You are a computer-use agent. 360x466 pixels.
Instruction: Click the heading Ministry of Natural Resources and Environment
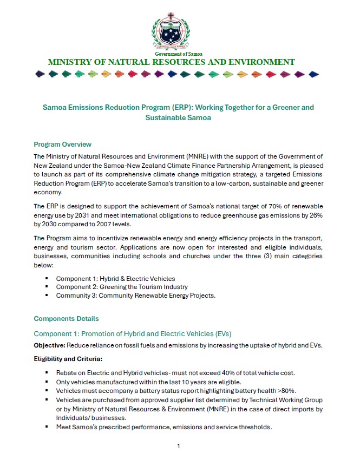point(172,62)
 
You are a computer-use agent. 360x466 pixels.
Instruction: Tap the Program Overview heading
point(62,145)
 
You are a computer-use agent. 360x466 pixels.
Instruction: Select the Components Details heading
point(66,318)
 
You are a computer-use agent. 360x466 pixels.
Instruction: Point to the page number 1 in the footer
point(178,446)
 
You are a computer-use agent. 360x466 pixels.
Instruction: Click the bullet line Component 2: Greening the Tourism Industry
point(122,287)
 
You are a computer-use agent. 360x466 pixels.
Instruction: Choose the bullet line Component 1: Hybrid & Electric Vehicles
point(115,279)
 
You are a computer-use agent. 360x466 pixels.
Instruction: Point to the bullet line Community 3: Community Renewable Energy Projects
point(135,296)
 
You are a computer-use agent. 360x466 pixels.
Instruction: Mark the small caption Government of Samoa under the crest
point(172,54)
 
